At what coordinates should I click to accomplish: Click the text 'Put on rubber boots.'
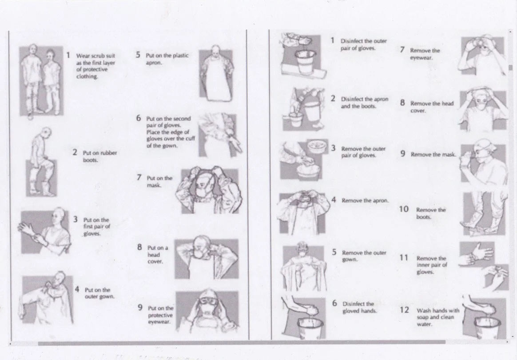pos(99,156)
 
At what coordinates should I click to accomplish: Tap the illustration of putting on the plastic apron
pos(216,74)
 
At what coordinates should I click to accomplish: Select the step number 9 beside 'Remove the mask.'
pos(402,154)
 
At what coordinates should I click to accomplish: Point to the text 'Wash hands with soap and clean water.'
pos(438,317)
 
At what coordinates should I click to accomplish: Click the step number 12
pos(404,310)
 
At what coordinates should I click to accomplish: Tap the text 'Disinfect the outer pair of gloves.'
pos(364,44)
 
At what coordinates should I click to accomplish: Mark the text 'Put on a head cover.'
pos(158,254)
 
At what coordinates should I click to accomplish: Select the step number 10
pos(404,209)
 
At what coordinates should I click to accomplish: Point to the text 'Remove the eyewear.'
pos(425,54)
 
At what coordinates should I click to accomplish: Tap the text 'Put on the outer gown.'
pos(99,293)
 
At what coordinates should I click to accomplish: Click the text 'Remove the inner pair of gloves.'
pos(432,265)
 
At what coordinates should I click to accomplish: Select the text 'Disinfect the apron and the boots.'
pos(364,103)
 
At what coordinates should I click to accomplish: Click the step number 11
pos(404,257)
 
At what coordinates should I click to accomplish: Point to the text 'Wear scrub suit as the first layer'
pos(95,60)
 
